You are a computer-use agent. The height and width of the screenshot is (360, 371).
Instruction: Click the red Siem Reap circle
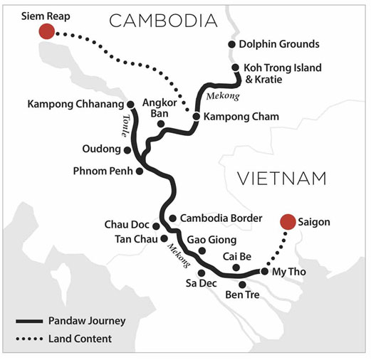click(47, 31)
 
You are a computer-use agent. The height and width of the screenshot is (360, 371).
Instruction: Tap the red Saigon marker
click(288, 222)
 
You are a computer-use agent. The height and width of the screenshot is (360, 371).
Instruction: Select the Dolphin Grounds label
click(279, 44)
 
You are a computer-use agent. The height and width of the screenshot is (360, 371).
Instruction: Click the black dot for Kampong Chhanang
click(130, 105)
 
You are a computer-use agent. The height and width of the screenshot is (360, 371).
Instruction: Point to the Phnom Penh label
click(103, 171)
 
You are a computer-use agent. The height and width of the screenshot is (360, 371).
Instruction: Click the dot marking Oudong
click(127, 150)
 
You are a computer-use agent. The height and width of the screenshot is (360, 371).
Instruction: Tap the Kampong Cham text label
click(241, 117)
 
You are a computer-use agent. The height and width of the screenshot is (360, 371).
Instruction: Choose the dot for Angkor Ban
click(161, 124)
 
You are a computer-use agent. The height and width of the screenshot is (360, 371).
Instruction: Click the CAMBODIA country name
click(163, 21)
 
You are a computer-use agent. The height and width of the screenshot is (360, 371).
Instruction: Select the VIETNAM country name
click(282, 179)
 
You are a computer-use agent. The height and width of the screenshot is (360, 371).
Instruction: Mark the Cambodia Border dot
click(172, 218)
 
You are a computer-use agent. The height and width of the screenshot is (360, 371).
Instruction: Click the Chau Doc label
click(127, 225)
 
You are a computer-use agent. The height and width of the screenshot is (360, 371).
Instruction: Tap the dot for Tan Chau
click(164, 238)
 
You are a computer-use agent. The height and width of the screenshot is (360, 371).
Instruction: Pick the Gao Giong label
click(211, 240)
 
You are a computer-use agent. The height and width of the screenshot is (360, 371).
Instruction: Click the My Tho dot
click(264, 271)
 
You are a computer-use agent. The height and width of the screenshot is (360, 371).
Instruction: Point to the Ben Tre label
click(242, 295)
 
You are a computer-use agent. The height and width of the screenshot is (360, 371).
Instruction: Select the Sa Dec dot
click(202, 273)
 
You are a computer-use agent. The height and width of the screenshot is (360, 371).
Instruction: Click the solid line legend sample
click(29, 322)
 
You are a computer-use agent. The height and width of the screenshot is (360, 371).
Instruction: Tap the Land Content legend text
click(80, 339)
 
